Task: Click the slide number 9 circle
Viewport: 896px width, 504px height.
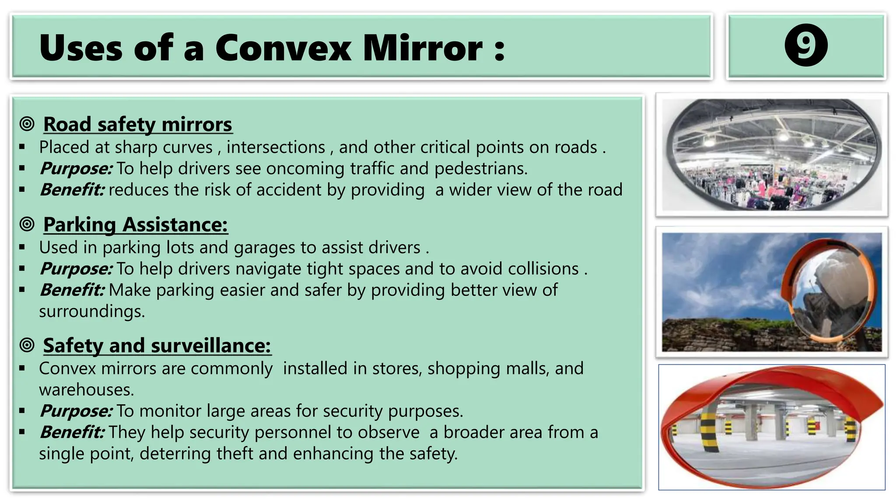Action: [x=806, y=45]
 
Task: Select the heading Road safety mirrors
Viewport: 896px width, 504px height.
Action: [x=137, y=124]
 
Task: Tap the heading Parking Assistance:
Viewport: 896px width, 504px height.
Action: [x=135, y=225]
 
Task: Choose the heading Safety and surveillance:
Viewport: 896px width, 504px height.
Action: [x=157, y=346]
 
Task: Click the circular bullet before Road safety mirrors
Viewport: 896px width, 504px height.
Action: [x=27, y=124]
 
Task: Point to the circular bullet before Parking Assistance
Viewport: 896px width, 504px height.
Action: [x=27, y=224]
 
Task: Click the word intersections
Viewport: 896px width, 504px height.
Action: [x=276, y=147]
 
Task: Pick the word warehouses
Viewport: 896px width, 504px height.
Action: [x=86, y=390]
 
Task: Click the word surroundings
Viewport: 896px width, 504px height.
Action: [x=91, y=311]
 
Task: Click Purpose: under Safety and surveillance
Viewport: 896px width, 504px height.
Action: [x=76, y=411]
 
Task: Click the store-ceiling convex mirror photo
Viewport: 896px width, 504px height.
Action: [x=772, y=154]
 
